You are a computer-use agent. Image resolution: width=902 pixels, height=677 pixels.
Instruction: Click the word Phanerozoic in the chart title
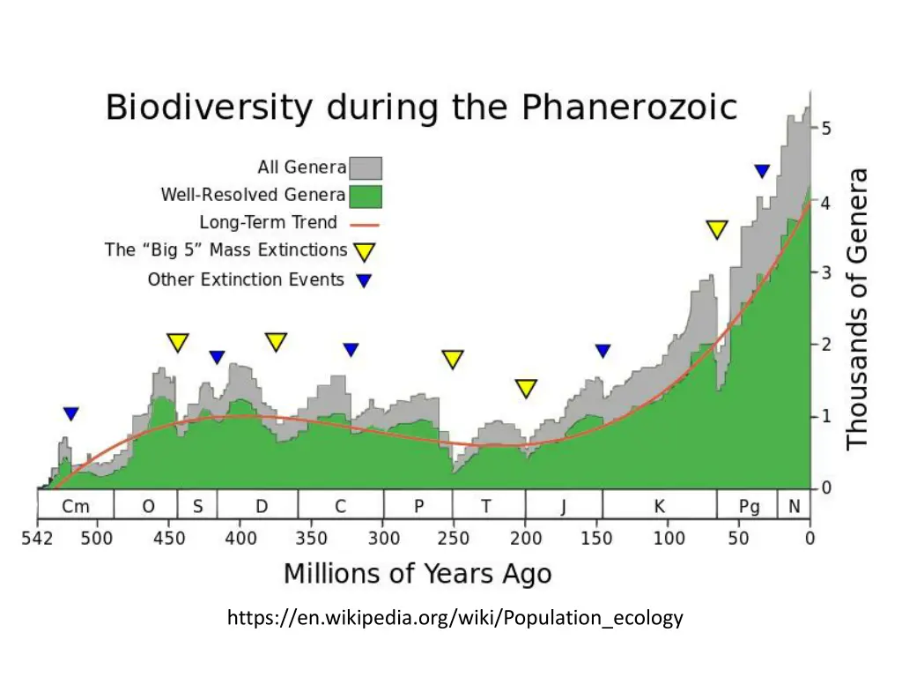(x=629, y=109)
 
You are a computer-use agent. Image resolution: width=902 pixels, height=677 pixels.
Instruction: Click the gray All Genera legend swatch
(x=366, y=167)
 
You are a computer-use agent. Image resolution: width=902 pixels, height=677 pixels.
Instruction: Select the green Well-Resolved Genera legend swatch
(x=366, y=195)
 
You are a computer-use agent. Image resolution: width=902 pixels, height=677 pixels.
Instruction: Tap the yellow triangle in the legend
(x=364, y=253)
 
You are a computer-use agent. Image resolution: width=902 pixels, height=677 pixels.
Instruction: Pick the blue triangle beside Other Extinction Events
(x=363, y=281)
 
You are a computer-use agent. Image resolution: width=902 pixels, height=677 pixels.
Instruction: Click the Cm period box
(x=75, y=507)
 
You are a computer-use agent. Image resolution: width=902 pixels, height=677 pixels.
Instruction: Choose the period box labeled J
(x=564, y=507)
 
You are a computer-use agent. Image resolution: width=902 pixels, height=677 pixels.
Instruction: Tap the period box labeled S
(x=198, y=507)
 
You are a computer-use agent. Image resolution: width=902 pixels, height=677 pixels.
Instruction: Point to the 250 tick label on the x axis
(x=454, y=538)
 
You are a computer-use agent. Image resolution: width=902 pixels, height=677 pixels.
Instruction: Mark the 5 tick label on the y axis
(x=826, y=129)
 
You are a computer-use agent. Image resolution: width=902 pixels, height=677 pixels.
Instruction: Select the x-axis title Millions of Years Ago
(x=418, y=574)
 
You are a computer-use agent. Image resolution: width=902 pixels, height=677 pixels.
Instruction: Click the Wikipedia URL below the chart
(x=455, y=618)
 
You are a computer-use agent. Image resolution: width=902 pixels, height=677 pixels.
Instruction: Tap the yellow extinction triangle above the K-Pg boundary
(x=717, y=229)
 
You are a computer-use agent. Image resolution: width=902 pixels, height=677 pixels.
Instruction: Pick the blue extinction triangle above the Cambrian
(x=71, y=413)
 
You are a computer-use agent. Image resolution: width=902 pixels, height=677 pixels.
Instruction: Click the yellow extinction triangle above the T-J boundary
(x=526, y=388)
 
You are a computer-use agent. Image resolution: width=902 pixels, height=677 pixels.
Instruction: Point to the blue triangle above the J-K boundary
(x=603, y=351)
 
